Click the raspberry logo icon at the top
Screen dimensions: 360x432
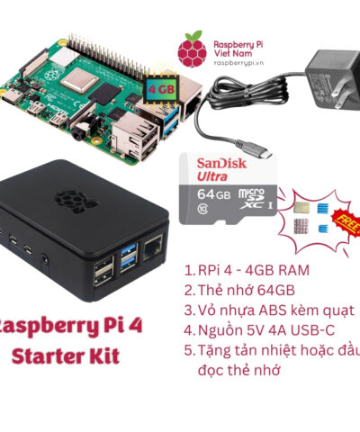click(192, 49)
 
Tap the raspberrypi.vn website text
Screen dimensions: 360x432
click(238, 63)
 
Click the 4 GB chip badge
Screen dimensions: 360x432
click(161, 89)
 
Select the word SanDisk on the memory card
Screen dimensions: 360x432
click(221, 164)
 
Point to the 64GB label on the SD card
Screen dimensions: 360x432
click(213, 194)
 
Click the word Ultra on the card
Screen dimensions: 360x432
click(212, 176)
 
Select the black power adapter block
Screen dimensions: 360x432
click(333, 78)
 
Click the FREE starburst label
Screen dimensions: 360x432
click(346, 222)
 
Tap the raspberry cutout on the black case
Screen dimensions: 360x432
click(74, 200)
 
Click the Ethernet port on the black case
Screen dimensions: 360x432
click(153, 247)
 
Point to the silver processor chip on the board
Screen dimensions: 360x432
click(79, 79)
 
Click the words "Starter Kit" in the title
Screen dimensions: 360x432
click(66, 356)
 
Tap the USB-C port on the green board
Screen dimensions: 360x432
click(12, 96)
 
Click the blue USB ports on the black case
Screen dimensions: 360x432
click(129, 257)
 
